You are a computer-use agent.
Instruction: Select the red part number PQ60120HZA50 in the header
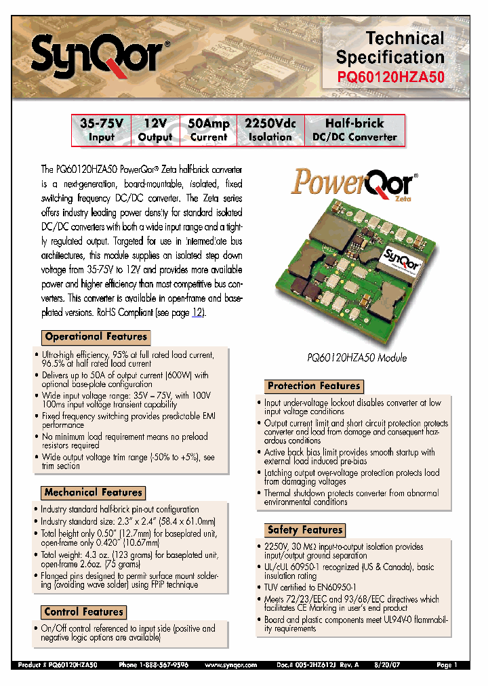391,77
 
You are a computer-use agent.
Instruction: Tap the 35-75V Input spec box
102,130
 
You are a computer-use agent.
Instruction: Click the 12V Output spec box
155,130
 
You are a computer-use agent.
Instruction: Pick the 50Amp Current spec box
208,130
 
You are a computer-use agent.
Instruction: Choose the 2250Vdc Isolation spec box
270,130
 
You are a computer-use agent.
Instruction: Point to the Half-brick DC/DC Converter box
354,130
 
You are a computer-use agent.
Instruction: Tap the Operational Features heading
96,337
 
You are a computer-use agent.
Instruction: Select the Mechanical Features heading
94,493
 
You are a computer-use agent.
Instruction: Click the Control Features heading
83,612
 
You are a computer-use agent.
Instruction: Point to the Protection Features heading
314,386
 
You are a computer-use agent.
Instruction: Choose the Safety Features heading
305,530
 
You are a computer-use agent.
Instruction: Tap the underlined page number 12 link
198,313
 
